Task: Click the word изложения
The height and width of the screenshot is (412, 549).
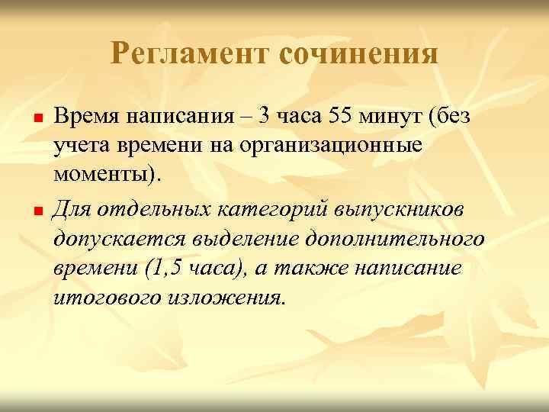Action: click(x=226, y=295)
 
